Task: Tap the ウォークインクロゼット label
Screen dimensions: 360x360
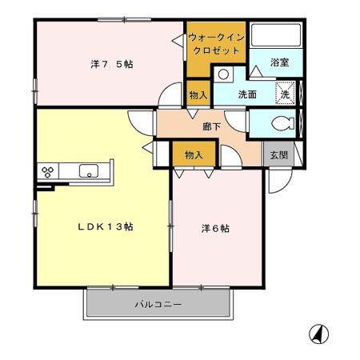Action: [x=215, y=44]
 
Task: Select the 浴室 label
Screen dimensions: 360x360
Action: [x=279, y=62]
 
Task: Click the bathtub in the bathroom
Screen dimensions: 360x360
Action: [x=274, y=37]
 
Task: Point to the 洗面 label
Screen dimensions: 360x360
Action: [x=247, y=94]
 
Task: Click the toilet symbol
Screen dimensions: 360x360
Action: [x=280, y=123]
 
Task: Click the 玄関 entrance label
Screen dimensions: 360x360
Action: [x=277, y=154]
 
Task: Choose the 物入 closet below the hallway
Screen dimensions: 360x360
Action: [x=194, y=154]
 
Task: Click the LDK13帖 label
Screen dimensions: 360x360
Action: [x=105, y=227]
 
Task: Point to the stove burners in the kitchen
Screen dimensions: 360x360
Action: [x=47, y=170]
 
